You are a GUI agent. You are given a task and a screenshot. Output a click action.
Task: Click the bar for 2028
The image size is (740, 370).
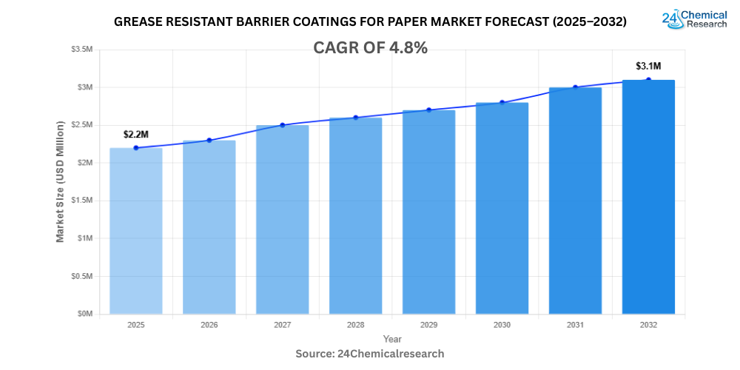coord(355,215)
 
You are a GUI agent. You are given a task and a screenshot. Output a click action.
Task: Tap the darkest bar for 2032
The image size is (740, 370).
coord(648,197)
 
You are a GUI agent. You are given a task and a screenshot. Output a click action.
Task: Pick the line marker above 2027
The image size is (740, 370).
coord(283,125)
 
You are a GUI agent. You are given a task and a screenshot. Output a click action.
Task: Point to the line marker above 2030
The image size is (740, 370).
coord(502,102)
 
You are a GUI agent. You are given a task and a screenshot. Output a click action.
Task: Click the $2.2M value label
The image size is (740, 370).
coord(135,134)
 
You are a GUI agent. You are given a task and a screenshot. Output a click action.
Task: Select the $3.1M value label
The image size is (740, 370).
coord(648,66)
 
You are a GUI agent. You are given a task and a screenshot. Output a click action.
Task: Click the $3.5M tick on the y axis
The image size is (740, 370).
coord(82,50)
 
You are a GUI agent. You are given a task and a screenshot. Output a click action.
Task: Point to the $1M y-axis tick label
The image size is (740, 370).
coord(85,238)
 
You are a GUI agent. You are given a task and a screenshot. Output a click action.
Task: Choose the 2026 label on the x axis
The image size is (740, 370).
coord(209,325)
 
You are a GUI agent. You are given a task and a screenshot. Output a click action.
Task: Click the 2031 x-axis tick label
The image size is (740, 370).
coord(575,325)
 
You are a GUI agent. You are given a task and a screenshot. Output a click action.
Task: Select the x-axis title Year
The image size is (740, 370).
coord(392,338)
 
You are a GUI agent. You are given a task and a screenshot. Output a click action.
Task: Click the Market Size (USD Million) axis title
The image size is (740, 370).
coord(60,181)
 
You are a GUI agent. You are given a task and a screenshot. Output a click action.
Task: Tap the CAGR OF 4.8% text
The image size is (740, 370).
coord(370,48)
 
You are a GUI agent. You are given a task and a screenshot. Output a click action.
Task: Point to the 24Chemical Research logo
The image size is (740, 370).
coord(694,18)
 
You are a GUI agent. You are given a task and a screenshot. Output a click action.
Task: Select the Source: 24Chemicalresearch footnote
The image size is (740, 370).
coord(370,354)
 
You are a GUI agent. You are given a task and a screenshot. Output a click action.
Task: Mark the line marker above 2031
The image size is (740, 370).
coord(575,87)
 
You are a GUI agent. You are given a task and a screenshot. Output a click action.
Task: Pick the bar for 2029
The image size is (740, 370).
coord(428,212)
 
